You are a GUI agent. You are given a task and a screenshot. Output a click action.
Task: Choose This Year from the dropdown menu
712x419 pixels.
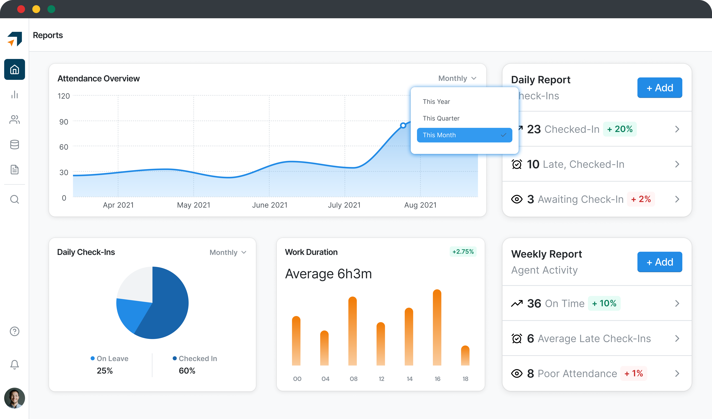click(436, 102)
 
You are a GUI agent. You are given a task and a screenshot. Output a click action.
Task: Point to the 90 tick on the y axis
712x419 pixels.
click(64, 122)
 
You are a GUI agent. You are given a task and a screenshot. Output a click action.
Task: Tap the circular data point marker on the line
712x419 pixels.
click(403, 125)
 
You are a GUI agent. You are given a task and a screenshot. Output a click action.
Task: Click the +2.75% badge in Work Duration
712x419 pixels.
click(463, 252)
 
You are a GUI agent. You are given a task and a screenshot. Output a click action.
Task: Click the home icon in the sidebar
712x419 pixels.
click(14, 69)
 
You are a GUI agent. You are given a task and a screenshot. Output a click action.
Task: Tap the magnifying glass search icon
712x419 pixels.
click(14, 199)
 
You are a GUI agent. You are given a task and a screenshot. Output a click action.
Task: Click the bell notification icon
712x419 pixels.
click(14, 364)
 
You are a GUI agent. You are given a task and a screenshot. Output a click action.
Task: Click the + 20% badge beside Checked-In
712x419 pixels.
click(620, 129)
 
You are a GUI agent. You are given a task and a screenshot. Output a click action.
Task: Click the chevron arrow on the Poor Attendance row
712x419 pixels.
click(677, 373)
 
